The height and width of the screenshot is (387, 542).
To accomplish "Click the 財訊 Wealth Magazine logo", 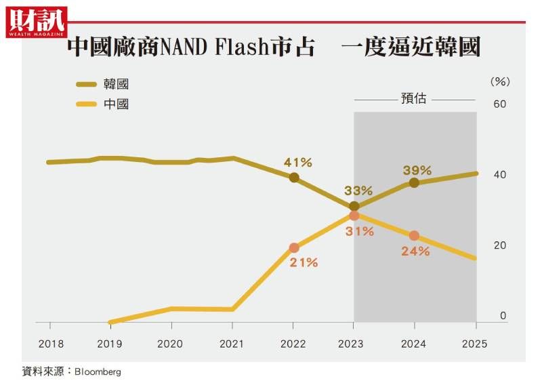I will (37, 22).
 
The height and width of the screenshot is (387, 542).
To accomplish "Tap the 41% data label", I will (297, 163).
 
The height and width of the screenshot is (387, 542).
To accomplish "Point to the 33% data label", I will (358, 190).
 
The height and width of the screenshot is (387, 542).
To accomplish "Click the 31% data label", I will (359, 231).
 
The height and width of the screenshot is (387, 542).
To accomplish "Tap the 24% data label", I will (415, 251).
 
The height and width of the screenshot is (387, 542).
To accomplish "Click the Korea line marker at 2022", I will (294, 178).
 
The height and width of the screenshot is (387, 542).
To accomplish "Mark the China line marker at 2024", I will (414, 236).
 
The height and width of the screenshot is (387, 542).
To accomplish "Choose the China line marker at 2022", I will (294, 248).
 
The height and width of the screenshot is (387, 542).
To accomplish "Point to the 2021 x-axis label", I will (232, 344).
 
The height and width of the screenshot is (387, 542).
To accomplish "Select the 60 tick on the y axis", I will (500, 104).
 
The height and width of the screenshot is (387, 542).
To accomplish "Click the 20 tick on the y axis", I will (500, 245).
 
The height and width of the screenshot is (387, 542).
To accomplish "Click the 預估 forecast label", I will (413, 98).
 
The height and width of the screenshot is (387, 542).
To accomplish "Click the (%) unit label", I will (499, 81).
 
